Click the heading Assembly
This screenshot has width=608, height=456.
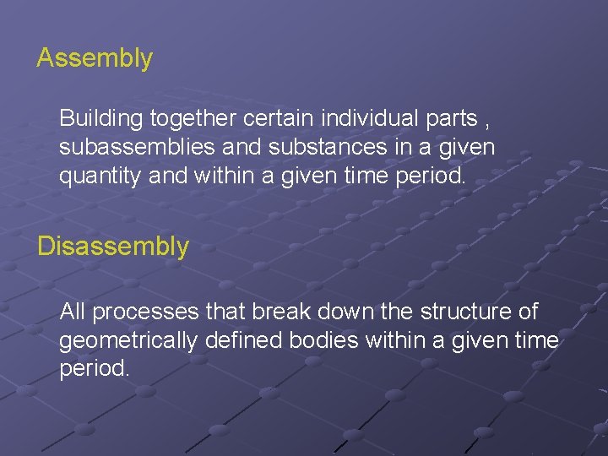95,58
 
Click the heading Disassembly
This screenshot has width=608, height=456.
113,247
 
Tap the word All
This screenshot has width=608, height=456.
73,312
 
